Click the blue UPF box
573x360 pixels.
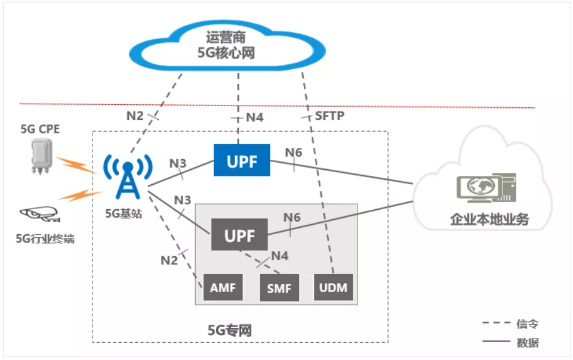tap(242, 160)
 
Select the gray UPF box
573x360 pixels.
tap(239, 235)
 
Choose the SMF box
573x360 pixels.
tap(279, 288)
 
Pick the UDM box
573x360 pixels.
tap(333, 287)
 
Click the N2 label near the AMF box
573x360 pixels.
tap(169, 260)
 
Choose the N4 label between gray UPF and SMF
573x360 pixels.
tap(280, 256)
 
